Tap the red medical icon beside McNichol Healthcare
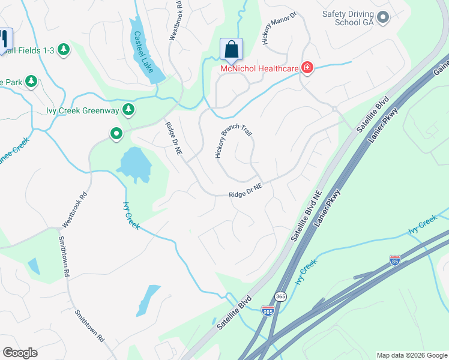[307, 67]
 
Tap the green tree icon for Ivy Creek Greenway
[128, 109]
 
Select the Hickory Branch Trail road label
[232, 142]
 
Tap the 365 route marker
[281, 296]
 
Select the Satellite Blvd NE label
[308, 217]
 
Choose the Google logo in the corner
[20, 353]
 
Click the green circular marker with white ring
[116, 133]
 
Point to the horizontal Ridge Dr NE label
[246, 191]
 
